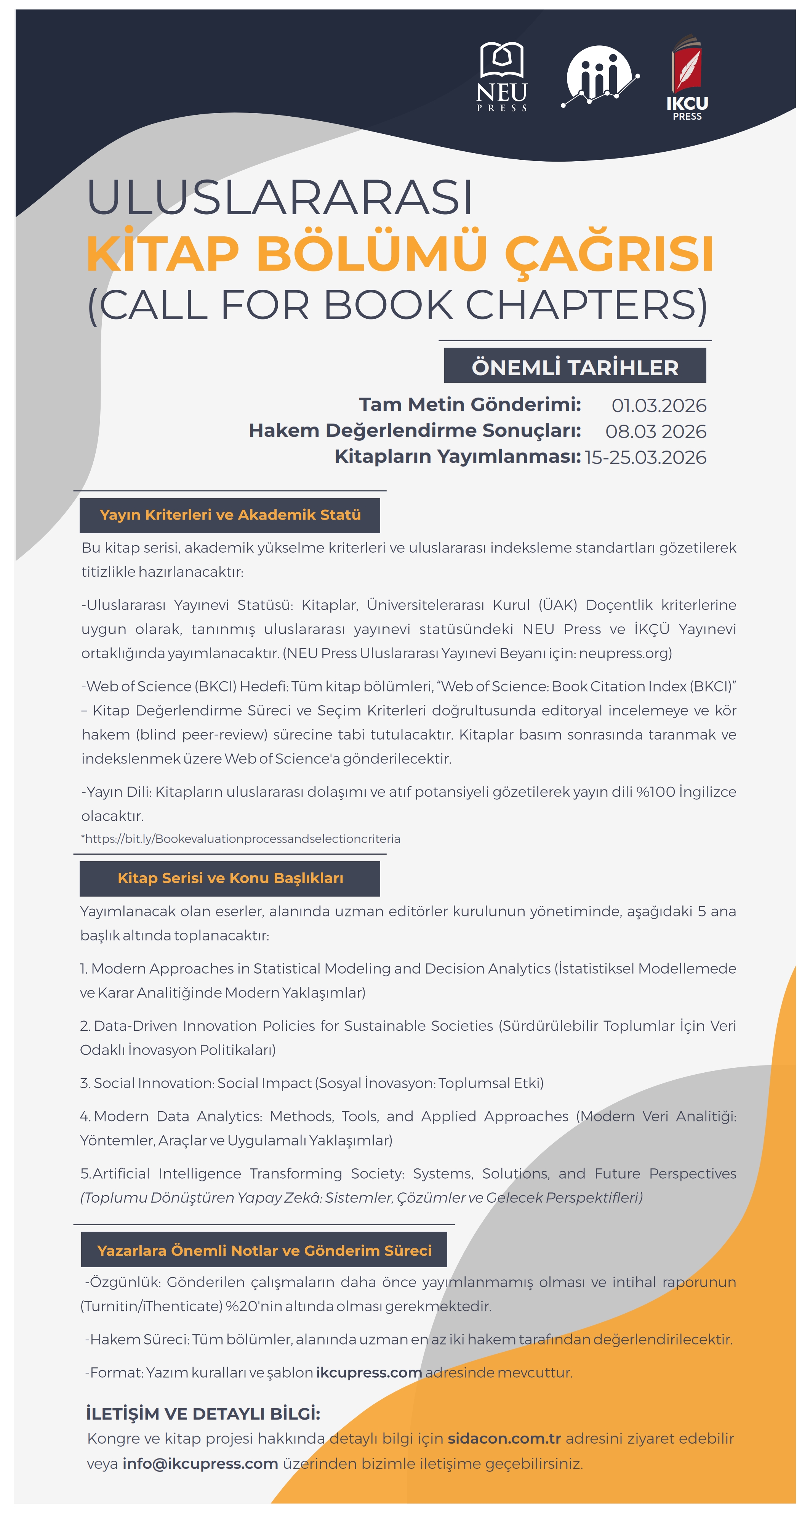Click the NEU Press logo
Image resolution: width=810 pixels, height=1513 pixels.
(x=501, y=76)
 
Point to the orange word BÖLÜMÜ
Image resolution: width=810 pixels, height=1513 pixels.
(x=371, y=254)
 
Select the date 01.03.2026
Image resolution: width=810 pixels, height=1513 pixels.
(x=659, y=405)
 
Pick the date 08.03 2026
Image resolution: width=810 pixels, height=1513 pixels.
(x=656, y=431)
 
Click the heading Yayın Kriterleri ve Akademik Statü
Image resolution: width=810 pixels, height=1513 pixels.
(x=230, y=515)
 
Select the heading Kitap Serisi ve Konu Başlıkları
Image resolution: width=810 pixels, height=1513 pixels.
(x=230, y=878)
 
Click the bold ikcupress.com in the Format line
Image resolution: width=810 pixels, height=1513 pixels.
(x=368, y=1373)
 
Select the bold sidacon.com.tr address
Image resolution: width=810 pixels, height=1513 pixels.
(x=504, y=1438)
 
